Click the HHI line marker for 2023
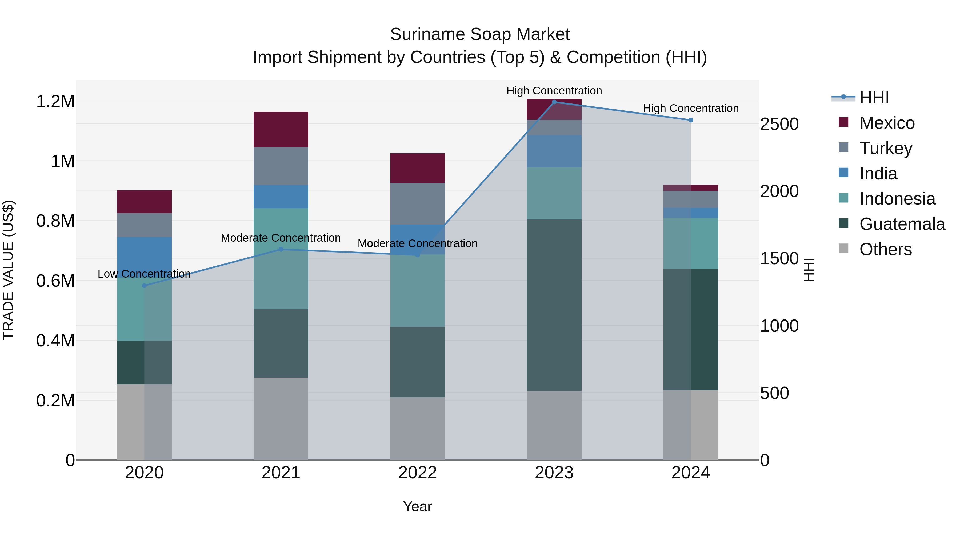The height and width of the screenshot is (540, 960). [x=554, y=102]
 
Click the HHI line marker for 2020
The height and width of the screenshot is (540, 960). [x=144, y=286]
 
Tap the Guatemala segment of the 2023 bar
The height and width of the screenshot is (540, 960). [x=554, y=305]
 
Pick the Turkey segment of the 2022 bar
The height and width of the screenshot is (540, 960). [x=417, y=203]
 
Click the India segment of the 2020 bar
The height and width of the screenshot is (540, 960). [x=144, y=257]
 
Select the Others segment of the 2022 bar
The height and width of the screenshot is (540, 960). [x=417, y=428]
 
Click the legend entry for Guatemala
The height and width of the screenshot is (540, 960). [x=902, y=224]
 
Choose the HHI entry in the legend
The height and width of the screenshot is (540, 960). [x=874, y=98]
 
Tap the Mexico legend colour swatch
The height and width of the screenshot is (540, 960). [x=843, y=122]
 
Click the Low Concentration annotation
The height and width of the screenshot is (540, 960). [x=144, y=274]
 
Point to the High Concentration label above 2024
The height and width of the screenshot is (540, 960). [x=691, y=109]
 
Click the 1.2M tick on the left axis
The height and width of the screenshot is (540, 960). [x=55, y=101]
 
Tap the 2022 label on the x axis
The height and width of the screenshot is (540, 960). [x=417, y=473]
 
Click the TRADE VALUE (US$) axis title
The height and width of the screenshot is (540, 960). [x=8, y=270]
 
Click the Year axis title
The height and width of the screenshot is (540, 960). [x=417, y=506]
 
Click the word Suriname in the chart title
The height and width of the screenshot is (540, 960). [x=426, y=34]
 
